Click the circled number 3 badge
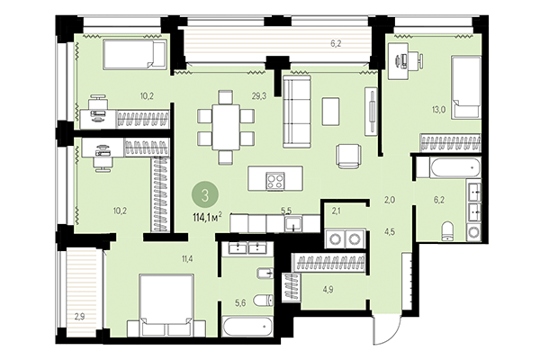tap(207, 193)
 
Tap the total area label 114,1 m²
tap(207, 214)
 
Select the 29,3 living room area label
tap(258, 94)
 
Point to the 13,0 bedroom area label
tap(438, 110)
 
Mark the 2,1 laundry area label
tap(337, 211)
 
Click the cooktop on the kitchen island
tap(272, 178)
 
